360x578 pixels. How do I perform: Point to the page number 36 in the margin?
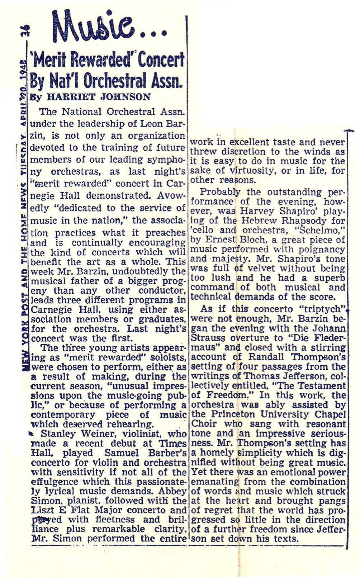(25, 34)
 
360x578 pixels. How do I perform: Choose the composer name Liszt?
(43, 510)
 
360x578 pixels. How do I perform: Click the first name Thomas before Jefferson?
(261, 376)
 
